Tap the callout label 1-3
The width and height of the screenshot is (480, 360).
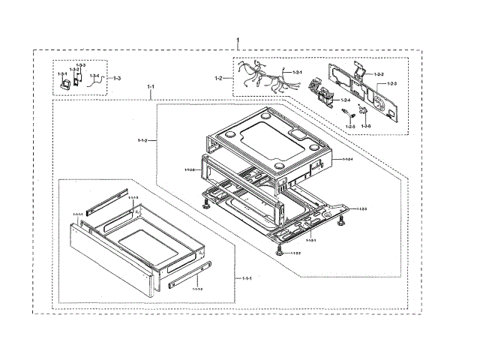coord(117,78)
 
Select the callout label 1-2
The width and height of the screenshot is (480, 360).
coord(219,78)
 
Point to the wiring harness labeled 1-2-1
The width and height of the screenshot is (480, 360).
coord(259,76)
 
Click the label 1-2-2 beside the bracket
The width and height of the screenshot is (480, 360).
coord(379,74)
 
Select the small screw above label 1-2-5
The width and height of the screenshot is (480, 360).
coord(348,113)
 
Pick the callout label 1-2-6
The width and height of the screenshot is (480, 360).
coord(366,126)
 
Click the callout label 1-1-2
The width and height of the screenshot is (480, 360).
coord(141,139)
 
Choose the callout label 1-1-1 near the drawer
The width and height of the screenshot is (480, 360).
coord(246,278)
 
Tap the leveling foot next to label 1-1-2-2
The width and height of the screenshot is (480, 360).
coord(279,251)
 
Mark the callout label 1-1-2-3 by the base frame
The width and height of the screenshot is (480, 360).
coord(361,208)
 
